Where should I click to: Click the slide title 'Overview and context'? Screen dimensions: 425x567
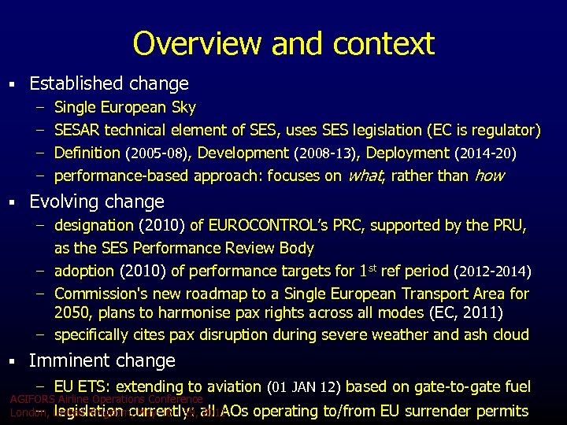[x=283, y=43]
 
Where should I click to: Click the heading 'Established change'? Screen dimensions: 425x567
[x=109, y=83]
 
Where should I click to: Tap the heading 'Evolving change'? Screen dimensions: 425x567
[x=97, y=201]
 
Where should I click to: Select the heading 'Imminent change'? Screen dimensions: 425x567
[x=102, y=360]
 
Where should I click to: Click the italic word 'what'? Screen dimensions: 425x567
[x=365, y=176]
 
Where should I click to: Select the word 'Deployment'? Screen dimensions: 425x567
[x=409, y=153]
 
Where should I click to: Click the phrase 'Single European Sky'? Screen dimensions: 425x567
[x=125, y=107]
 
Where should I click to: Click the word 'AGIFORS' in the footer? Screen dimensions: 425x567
[x=31, y=399]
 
